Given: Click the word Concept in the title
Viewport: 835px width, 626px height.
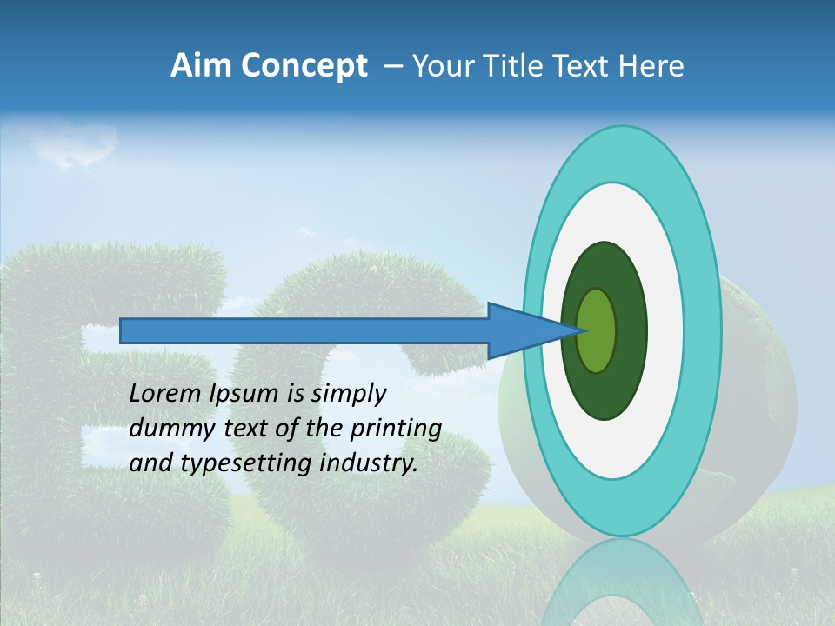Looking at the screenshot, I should (x=304, y=66).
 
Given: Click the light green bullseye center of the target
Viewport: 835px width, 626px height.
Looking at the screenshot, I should (x=598, y=331).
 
